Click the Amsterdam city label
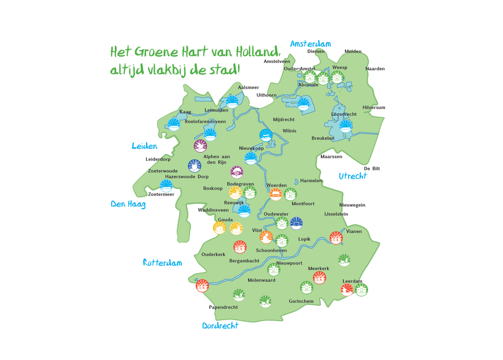point(310,43)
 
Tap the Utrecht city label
point(353,176)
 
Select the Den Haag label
point(128,204)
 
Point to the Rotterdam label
point(162,262)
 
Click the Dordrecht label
point(220,325)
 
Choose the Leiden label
point(144,146)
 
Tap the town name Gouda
point(225,220)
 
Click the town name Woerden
point(276,186)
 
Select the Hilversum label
point(374,107)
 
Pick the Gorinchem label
point(301,301)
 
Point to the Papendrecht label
point(223,307)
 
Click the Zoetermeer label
point(161,194)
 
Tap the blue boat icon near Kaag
point(173,124)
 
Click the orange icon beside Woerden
point(276,194)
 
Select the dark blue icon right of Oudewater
point(296,223)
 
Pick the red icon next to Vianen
point(336,238)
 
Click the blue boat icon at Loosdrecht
point(346,125)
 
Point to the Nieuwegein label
point(352,205)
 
